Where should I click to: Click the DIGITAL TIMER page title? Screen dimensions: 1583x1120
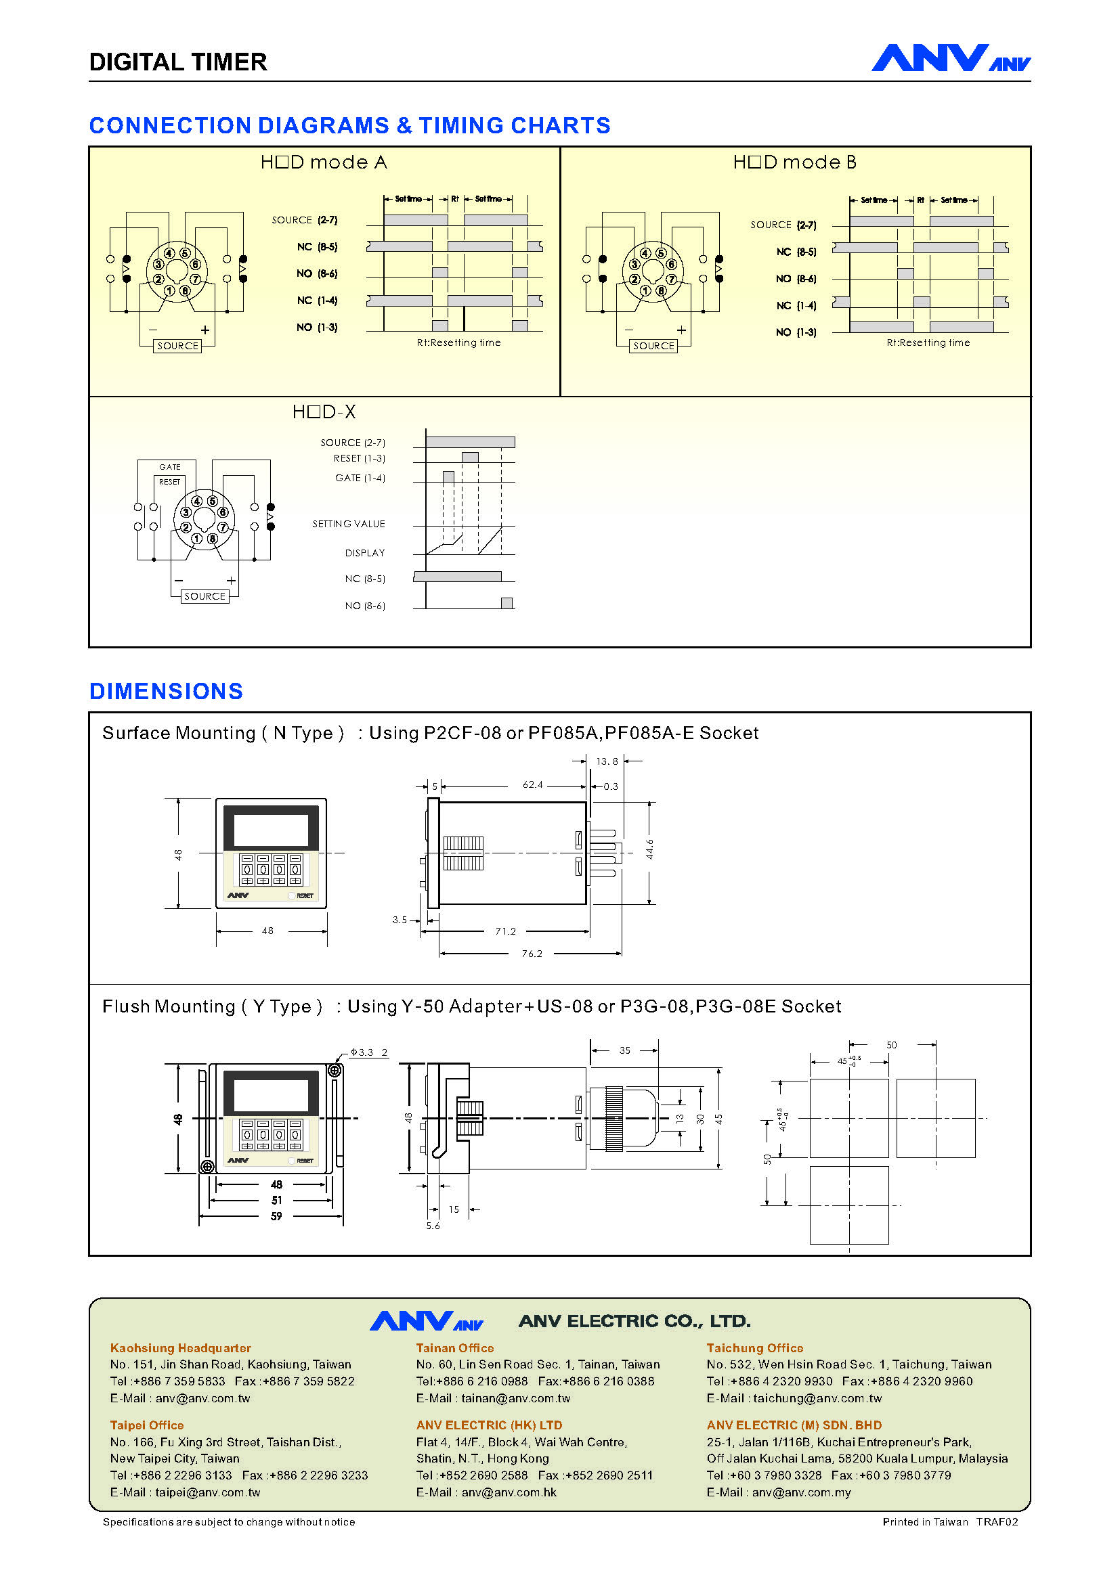[x=178, y=62]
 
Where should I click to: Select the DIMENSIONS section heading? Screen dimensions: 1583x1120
[x=166, y=691]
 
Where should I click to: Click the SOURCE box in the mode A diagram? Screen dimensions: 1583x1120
[x=177, y=346]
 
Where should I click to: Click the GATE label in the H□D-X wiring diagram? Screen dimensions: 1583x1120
[x=170, y=467]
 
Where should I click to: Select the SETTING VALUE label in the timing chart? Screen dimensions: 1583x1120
[x=348, y=524]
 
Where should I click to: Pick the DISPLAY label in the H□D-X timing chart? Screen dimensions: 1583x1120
[x=365, y=553]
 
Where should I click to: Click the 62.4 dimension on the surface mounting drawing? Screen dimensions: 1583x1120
[x=532, y=784]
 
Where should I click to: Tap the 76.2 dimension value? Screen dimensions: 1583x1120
[x=532, y=954]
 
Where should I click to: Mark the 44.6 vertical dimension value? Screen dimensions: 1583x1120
[x=649, y=849]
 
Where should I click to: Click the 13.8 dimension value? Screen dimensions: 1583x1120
[x=607, y=761]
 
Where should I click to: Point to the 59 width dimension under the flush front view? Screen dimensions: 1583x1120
[x=276, y=1216]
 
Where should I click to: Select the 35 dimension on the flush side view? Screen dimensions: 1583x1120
[x=624, y=1051]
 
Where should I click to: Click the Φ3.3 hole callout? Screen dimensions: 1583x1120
[x=362, y=1052]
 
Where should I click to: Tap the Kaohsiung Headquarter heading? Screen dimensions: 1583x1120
[x=181, y=1348]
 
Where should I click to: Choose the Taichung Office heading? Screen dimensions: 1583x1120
[x=754, y=1348]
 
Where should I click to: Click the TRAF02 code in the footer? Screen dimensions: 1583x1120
[x=997, y=1521]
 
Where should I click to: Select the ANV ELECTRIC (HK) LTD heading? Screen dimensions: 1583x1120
[x=489, y=1425]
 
